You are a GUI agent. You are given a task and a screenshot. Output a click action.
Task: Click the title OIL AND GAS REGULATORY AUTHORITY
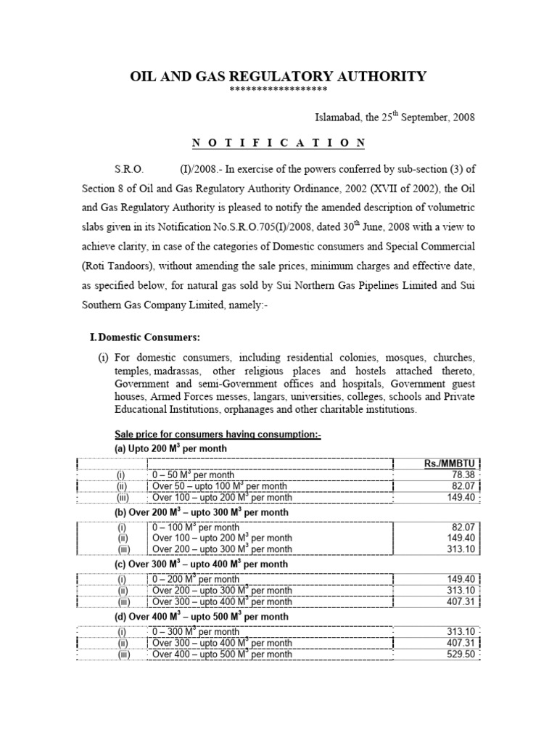click(278, 76)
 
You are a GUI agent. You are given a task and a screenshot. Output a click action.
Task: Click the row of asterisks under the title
click(278, 89)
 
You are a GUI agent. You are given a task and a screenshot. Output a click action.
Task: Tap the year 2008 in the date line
click(462, 118)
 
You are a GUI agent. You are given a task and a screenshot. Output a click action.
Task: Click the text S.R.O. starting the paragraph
click(130, 169)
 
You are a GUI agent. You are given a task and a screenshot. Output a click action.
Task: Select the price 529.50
click(460, 654)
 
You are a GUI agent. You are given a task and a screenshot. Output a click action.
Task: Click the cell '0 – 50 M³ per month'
click(193, 475)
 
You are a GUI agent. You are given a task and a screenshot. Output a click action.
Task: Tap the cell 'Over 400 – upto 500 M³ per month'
click(222, 654)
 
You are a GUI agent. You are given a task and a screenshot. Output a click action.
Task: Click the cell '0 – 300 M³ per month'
click(196, 631)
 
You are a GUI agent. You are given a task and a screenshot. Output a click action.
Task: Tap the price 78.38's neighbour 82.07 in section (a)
click(462, 486)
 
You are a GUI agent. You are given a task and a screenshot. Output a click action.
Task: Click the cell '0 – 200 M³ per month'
click(196, 579)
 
